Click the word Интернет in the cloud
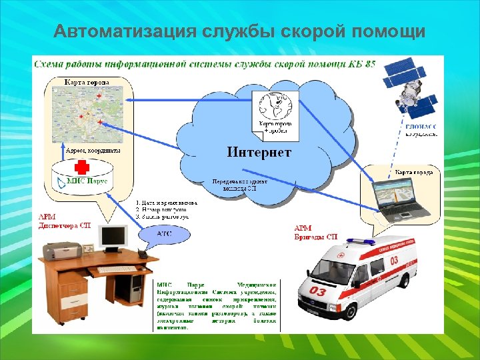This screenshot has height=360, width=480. tap(259, 153)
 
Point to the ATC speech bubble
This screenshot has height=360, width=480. tap(163, 234)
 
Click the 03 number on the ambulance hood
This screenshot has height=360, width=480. tap(318, 292)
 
